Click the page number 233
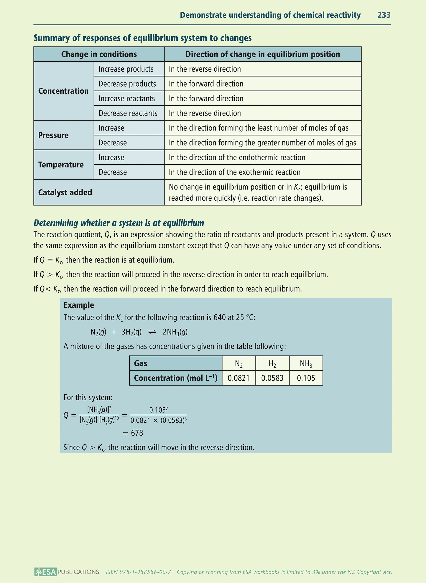click(x=384, y=15)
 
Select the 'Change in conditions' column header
click(x=99, y=54)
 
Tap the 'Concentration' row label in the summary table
click(x=63, y=91)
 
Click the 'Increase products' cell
click(x=126, y=69)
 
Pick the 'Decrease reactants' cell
click(x=128, y=113)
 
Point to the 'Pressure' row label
click(x=53, y=135)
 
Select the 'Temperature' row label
click(x=61, y=165)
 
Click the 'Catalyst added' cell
click(x=65, y=192)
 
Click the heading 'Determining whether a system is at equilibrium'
click(x=119, y=223)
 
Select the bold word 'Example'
click(x=79, y=305)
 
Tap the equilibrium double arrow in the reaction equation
click(x=152, y=332)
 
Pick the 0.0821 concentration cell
click(x=239, y=378)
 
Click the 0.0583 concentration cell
click(x=272, y=378)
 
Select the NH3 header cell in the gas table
click(x=306, y=364)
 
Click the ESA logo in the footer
click(x=45, y=572)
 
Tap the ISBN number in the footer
click(x=139, y=572)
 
